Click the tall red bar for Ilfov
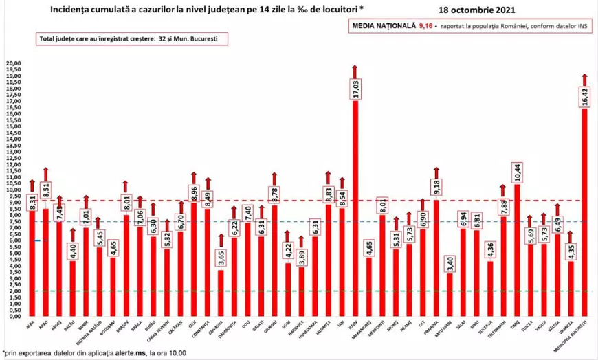(x=355, y=206)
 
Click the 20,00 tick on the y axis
(x=14, y=64)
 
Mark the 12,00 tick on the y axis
(x=14, y=165)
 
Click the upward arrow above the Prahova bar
(x=435, y=172)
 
